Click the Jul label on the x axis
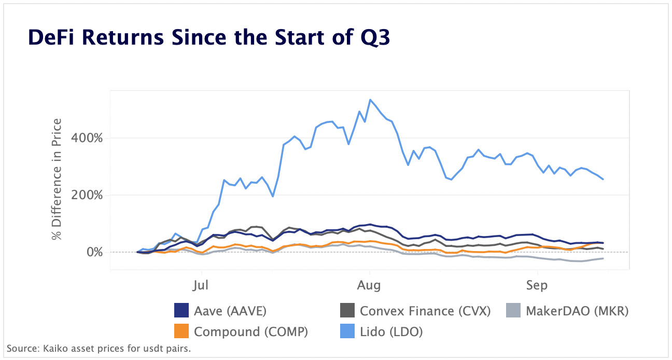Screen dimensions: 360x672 click(x=201, y=285)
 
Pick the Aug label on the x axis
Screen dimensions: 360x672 click(x=369, y=285)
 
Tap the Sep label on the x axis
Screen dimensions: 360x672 click(x=538, y=285)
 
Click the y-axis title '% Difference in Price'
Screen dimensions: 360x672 click(x=57, y=179)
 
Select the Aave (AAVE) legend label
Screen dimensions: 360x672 click(x=230, y=311)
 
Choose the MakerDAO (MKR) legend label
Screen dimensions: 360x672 click(x=577, y=311)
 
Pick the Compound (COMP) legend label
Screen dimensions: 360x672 click(x=251, y=331)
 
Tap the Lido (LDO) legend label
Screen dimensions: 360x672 click(x=391, y=331)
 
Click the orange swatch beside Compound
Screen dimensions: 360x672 click(x=182, y=331)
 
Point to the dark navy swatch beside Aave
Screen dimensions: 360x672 click(x=182, y=311)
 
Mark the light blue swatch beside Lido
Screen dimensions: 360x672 click(x=347, y=331)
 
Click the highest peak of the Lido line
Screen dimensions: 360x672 click(x=370, y=100)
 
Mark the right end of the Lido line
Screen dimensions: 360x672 click(x=603, y=179)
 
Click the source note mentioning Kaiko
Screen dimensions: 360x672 click(x=99, y=348)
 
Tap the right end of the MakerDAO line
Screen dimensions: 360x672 click(x=603, y=258)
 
